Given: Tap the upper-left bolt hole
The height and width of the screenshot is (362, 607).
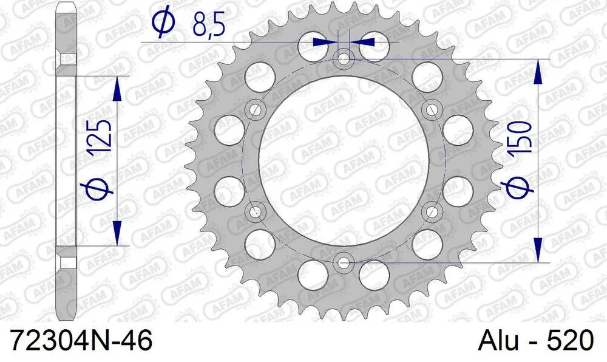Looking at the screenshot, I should coord(256,110).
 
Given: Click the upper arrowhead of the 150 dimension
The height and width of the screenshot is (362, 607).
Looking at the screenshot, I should coord(538,72).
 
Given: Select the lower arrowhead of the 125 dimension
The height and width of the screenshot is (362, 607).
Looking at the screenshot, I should coord(117,233).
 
